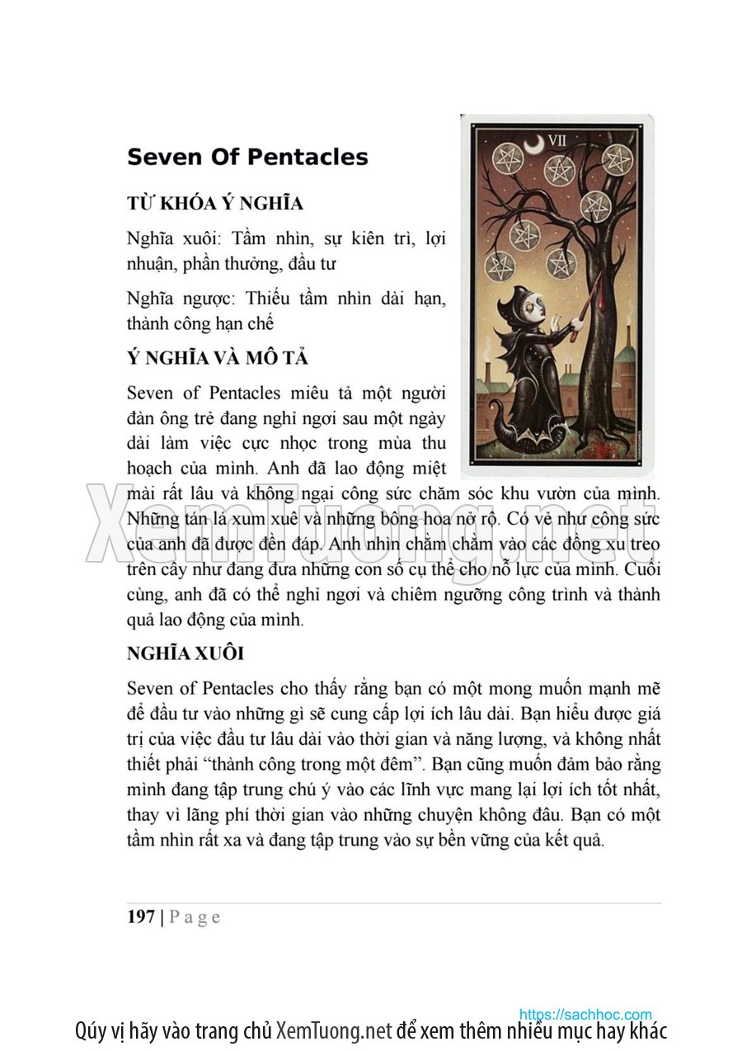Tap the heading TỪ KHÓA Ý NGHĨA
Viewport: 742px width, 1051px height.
click(x=215, y=204)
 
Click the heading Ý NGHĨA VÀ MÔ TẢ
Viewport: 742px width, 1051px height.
click(x=218, y=359)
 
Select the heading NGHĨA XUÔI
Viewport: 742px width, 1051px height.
click(x=185, y=654)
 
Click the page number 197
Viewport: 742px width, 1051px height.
click(x=141, y=917)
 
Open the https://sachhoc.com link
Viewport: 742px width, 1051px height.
click(x=585, y=1014)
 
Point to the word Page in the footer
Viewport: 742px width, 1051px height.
click(x=195, y=917)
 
